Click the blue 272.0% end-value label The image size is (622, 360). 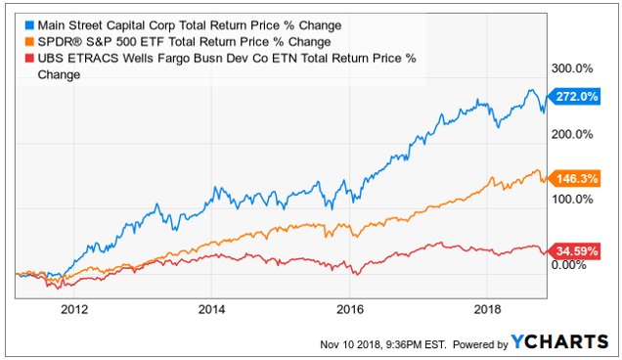click(x=574, y=97)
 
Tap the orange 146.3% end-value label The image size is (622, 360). click(x=574, y=179)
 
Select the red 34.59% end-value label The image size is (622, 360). click(x=574, y=250)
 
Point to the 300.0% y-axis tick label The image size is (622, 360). click(x=572, y=68)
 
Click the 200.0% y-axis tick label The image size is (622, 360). click(x=572, y=134)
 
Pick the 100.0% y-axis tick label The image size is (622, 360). click(x=572, y=199)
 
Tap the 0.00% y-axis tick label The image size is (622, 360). click(x=569, y=264)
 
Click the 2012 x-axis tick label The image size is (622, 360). click(x=74, y=309)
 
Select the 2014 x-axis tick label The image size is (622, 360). click(x=211, y=309)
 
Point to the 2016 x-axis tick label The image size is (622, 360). click(x=349, y=309)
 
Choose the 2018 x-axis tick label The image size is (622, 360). click(x=487, y=309)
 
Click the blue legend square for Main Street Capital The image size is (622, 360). click(x=29, y=25)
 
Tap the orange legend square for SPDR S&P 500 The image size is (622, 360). click(x=29, y=42)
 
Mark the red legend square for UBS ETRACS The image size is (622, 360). click(x=29, y=59)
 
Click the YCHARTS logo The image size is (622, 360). click(x=559, y=341)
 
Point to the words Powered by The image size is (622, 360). click(x=480, y=344)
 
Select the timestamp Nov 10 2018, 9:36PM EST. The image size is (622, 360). click(x=382, y=344)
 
